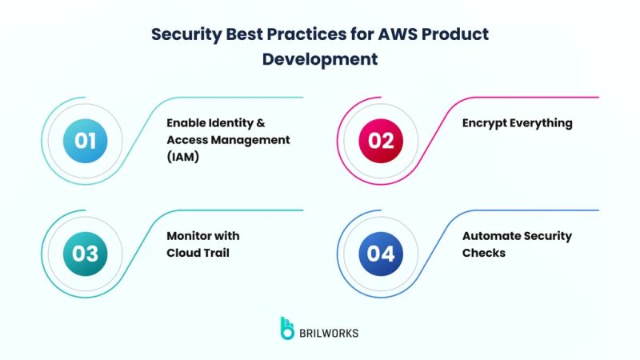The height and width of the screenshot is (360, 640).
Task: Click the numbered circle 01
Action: pos(86,141)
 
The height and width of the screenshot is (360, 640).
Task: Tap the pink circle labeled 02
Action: pos(381,141)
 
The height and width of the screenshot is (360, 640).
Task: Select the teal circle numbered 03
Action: pos(86,254)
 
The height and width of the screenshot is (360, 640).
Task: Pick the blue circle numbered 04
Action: pos(381,254)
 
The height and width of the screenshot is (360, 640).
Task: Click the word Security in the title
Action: pos(186,35)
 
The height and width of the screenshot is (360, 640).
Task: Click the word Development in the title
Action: pos(320,58)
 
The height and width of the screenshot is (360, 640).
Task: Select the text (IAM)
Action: pos(183,156)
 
